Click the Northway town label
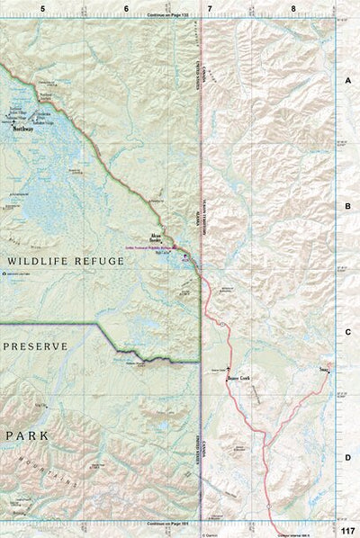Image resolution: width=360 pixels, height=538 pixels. pos(23,129)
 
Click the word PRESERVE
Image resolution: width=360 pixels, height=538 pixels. pos(35,345)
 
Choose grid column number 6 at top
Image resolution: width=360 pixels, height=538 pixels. pos(126,8)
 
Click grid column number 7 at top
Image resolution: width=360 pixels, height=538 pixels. pos(210,8)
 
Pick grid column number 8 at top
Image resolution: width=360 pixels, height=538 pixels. pos(292,8)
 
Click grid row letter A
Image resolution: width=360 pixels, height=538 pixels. pos(347,80)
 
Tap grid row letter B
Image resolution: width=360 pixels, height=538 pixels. pos(347,206)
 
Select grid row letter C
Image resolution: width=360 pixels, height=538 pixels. pos(347,332)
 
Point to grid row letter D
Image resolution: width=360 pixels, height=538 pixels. pos(347,458)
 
